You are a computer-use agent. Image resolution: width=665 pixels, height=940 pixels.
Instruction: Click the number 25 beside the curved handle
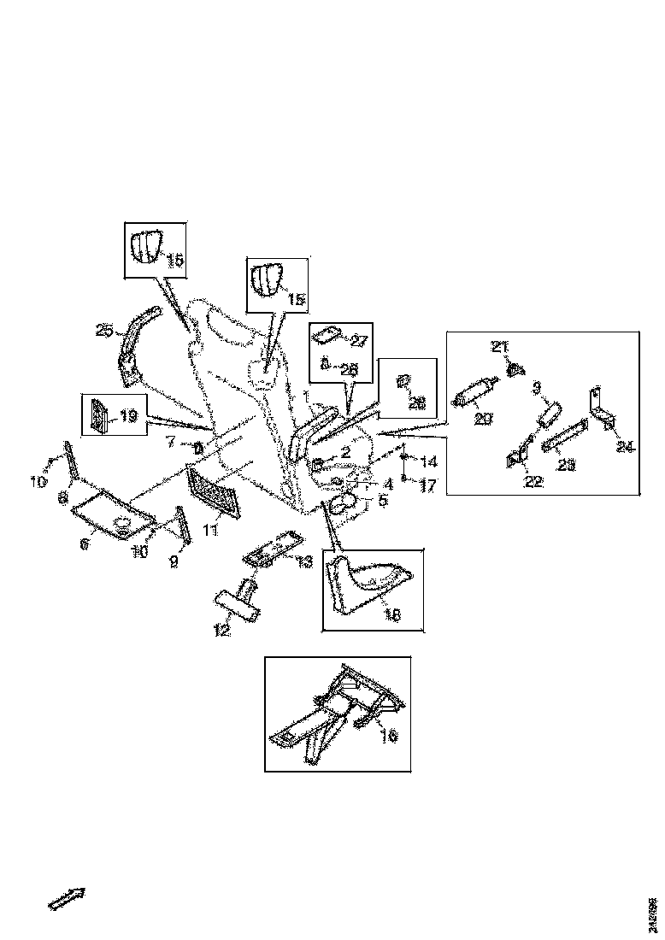tap(103, 330)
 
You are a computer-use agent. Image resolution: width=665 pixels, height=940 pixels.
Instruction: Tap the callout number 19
tap(128, 416)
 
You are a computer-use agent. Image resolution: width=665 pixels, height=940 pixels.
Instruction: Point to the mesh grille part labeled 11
tap(214, 491)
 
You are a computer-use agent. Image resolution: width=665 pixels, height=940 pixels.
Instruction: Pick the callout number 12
tap(221, 630)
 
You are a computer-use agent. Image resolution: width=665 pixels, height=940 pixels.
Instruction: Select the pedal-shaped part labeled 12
tap(238, 602)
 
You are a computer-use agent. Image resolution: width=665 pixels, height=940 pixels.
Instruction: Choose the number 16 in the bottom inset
tap(388, 735)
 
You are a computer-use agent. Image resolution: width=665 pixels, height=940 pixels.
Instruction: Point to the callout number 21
tap(499, 346)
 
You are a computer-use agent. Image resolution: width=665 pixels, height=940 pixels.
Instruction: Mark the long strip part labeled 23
tap(566, 435)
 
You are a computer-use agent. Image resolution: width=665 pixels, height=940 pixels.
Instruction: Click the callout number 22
tap(533, 482)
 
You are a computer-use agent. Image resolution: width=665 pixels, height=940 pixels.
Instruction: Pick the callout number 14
tap(429, 461)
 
